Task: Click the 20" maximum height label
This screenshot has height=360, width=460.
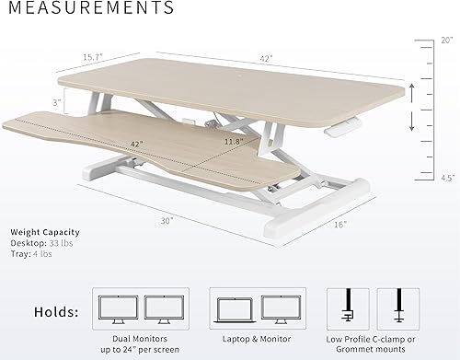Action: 447,41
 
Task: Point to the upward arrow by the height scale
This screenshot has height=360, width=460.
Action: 411,89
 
